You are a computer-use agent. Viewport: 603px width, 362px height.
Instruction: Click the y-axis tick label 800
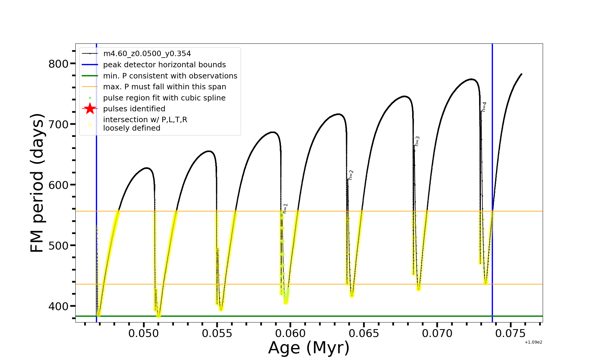[58, 64]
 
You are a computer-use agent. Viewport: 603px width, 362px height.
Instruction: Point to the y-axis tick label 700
[58, 124]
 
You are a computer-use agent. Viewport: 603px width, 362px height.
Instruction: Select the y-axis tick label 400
[58, 306]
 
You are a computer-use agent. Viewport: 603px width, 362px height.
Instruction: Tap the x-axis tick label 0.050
[144, 334]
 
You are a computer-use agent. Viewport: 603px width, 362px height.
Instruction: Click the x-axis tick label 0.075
[510, 334]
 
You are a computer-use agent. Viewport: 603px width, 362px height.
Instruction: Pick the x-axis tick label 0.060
[290, 334]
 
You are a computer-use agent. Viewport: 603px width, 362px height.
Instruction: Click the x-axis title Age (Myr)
[309, 348]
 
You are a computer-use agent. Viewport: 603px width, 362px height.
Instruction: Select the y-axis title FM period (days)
[37, 183]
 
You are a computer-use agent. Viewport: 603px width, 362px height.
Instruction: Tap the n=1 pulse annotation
[285, 208]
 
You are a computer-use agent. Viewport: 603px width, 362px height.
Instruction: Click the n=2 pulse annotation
[351, 175]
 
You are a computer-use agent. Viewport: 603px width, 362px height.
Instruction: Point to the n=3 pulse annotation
[417, 141]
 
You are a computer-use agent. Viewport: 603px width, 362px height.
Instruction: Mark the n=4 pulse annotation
[484, 107]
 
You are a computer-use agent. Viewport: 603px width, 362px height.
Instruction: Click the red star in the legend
[90, 109]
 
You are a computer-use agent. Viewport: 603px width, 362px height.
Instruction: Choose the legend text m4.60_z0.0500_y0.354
[147, 54]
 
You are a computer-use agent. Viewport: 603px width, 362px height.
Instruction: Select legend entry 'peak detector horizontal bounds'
[164, 65]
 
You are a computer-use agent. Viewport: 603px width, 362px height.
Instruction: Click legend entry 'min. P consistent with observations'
[170, 76]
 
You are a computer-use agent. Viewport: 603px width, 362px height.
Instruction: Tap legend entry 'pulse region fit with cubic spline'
[164, 98]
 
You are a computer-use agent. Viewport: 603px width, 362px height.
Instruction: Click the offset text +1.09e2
[533, 342]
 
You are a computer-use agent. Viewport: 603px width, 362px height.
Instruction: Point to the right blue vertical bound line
[492, 151]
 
